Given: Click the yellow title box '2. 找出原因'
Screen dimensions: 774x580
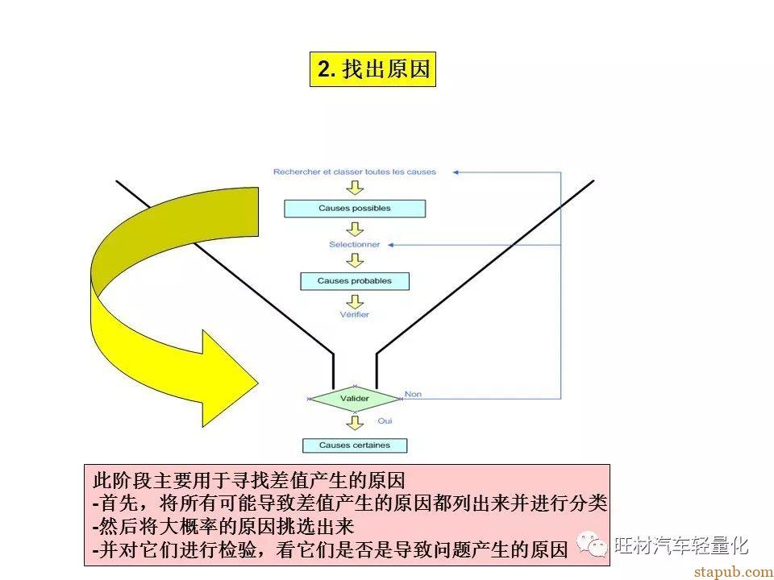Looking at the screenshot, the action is pos(372,69).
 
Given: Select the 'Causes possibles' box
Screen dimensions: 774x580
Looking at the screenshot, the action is pos(355,209).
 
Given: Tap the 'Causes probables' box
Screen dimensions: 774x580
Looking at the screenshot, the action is pos(355,281).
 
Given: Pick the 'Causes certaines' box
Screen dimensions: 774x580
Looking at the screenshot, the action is pos(355,445).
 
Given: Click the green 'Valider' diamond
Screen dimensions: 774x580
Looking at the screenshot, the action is pos(355,399).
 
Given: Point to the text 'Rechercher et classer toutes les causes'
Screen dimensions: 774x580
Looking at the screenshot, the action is pos(355,172).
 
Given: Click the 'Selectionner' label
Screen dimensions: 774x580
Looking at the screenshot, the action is pos(355,244).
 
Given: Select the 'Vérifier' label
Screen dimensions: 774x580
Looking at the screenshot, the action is pos(355,314).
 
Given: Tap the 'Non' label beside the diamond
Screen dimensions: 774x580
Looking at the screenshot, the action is pos(413,394).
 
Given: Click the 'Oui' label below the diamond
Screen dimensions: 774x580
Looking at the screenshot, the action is pos(385,420).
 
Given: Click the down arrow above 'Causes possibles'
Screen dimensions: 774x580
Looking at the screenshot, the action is pos(355,188).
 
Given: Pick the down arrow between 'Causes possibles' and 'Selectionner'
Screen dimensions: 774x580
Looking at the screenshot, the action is pos(355,229).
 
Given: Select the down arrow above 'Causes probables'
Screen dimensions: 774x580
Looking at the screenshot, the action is pos(355,260).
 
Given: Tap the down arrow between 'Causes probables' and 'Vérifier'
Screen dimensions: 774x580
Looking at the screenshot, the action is pos(355,301).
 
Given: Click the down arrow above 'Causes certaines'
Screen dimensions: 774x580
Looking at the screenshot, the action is pos(355,422).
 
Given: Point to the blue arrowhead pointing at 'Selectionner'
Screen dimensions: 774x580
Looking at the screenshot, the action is pos(390,245).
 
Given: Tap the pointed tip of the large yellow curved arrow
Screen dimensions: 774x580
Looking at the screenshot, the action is pos(258,383).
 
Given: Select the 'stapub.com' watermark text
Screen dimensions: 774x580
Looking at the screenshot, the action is pos(734,572).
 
